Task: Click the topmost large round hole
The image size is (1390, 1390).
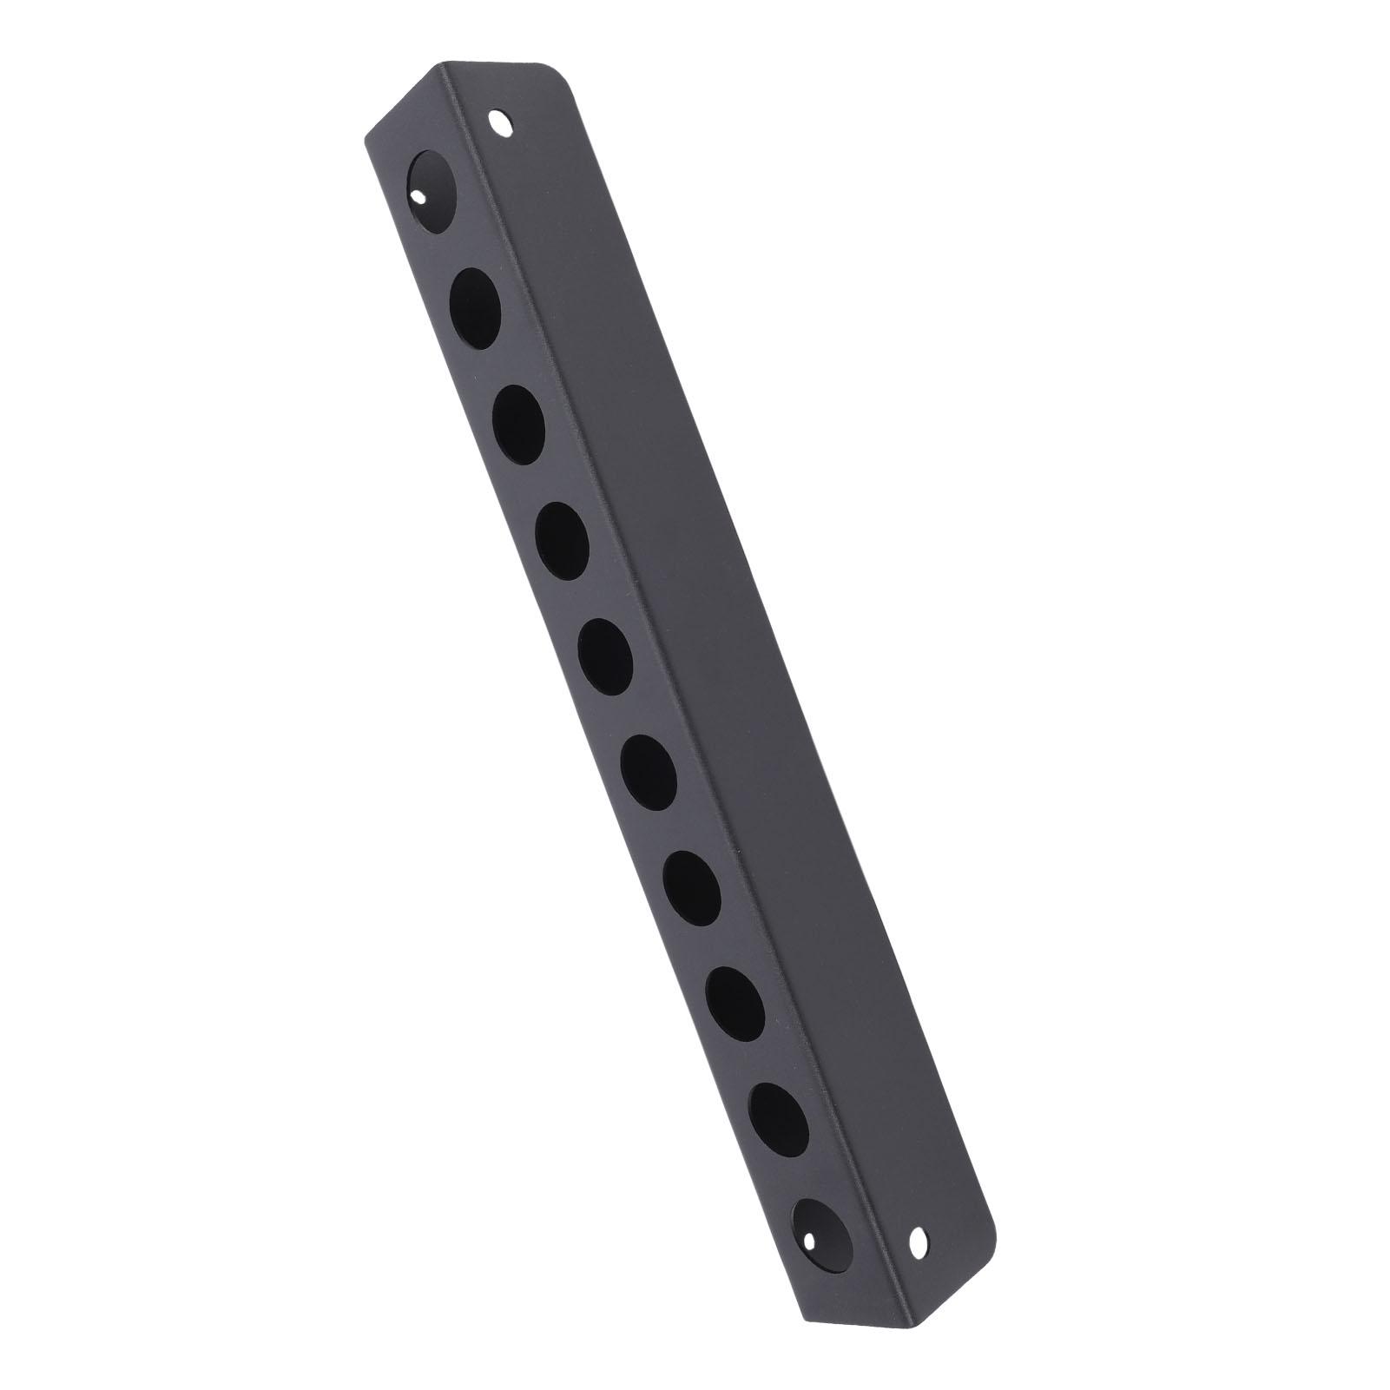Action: point(431,180)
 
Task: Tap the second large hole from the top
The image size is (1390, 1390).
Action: point(476,297)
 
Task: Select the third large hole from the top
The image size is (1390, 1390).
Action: point(520,415)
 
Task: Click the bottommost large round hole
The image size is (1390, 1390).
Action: point(820,1225)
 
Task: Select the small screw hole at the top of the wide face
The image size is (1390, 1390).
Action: point(500,122)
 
